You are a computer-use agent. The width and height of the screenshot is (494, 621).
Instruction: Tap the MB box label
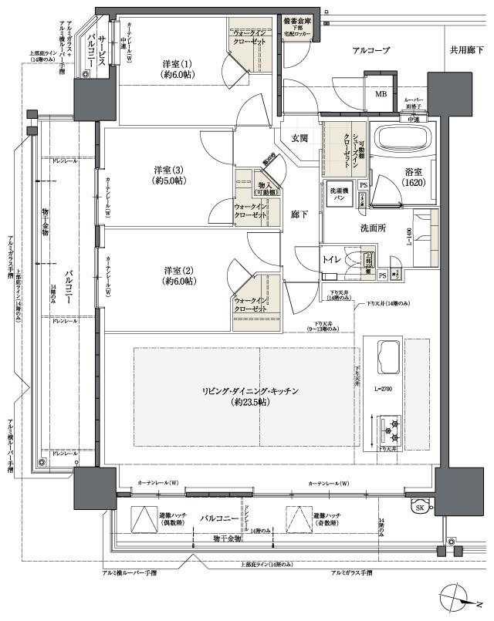(x=381, y=94)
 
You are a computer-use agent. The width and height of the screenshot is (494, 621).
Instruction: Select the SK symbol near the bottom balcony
(x=420, y=507)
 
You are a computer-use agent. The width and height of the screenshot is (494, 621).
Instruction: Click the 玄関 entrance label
(x=299, y=138)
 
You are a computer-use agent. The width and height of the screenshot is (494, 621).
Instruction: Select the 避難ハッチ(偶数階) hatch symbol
(x=143, y=518)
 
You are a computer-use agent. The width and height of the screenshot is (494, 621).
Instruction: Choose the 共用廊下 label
(x=466, y=50)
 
